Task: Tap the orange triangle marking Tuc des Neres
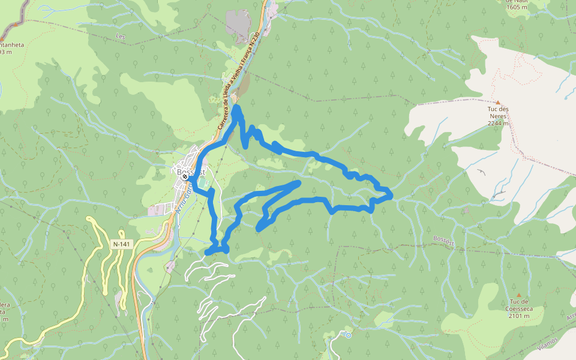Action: (497, 103)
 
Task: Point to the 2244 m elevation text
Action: (497, 124)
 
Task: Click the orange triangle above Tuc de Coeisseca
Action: (518, 295)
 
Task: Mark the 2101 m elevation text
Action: (518, 316)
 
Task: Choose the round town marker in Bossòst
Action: (185, 177)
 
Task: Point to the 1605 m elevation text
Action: (516, 7)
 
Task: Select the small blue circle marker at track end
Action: (348, 335)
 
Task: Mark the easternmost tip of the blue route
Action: (391, 194)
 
